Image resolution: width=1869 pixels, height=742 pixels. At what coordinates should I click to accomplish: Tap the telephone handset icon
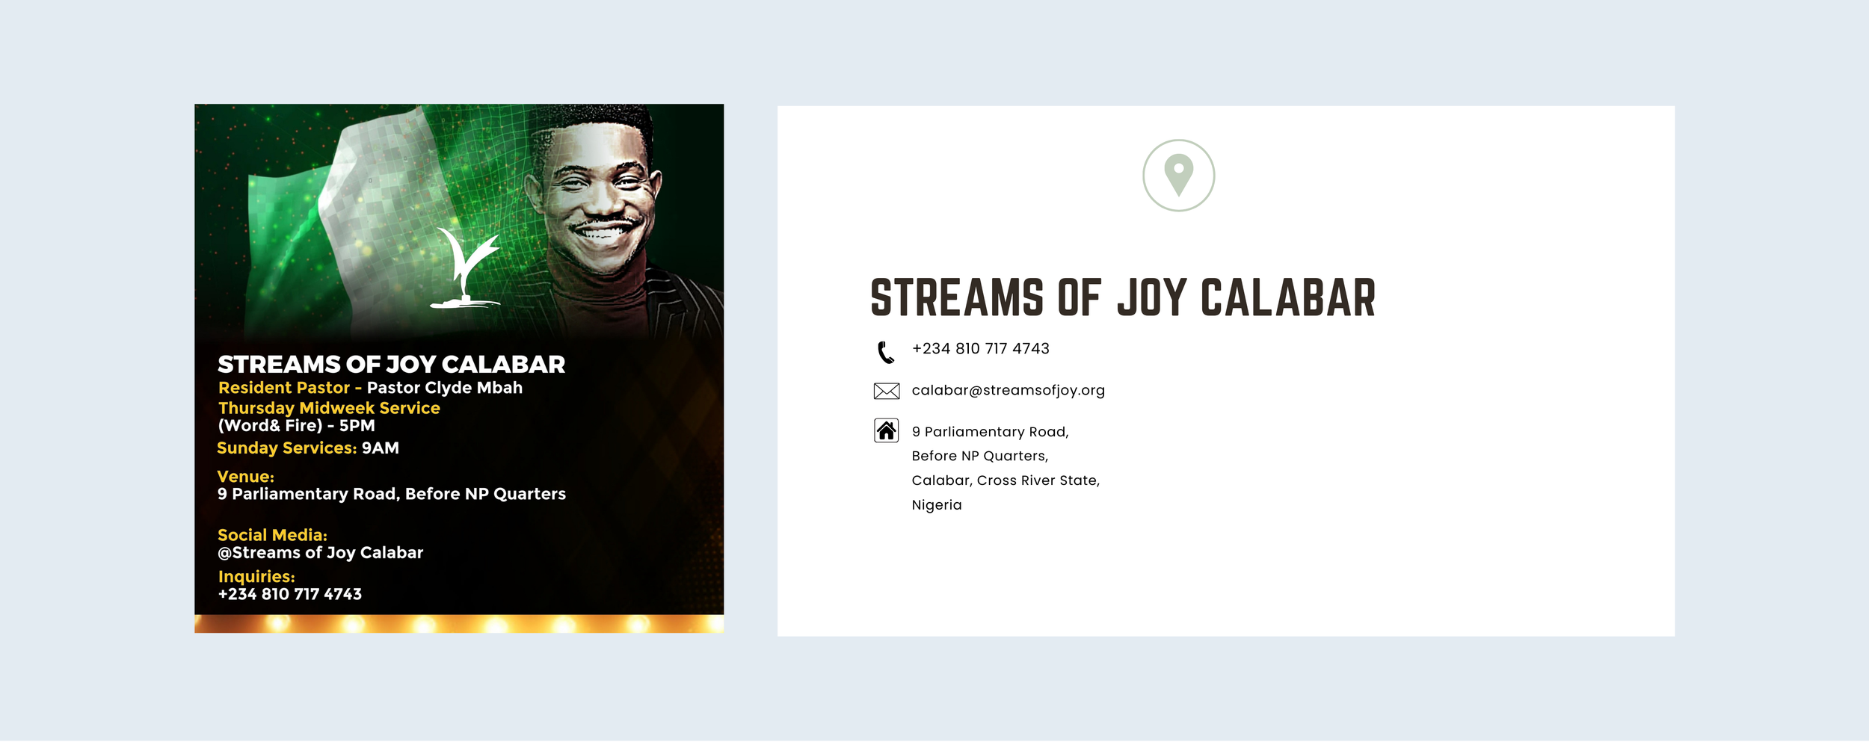[x=886, y=352]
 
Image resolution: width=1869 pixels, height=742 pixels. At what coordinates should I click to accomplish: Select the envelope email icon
[x=886, y=391]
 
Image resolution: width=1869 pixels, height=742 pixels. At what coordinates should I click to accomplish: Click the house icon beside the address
[x=886, y=430]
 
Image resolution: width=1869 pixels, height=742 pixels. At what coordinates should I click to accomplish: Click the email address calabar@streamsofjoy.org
[x=1008, y=390]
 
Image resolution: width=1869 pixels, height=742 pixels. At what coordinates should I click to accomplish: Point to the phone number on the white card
[x=980, y=348]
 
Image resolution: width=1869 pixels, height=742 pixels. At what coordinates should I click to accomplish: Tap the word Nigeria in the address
[x=936, y=505]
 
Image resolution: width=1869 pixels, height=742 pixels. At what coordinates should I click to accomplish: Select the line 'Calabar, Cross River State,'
[x=1006, y=480]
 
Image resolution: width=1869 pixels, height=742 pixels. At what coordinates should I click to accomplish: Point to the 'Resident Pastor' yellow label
[x=284, y=388]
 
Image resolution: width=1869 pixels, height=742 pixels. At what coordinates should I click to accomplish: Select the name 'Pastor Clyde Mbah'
[x=444, y=388]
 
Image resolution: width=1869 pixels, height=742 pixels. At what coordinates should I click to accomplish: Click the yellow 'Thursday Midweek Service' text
[x=329, y=408]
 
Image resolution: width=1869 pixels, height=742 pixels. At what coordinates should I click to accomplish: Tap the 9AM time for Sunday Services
[x=381, y=448]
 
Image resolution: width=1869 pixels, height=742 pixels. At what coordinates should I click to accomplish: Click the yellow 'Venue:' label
[x=245, y=477]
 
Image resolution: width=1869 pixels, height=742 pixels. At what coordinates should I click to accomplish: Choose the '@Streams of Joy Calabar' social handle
[x=320, y=553]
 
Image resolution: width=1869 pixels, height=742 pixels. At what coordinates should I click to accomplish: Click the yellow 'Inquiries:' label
[x=256, y=577]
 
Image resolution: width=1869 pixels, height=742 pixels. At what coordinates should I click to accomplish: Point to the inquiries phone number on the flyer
[x=289, y=594]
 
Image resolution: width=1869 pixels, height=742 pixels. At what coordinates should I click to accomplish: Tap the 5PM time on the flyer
[x=357, y=426]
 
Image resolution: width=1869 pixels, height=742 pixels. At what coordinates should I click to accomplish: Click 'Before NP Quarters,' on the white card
[x=979, y=456]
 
